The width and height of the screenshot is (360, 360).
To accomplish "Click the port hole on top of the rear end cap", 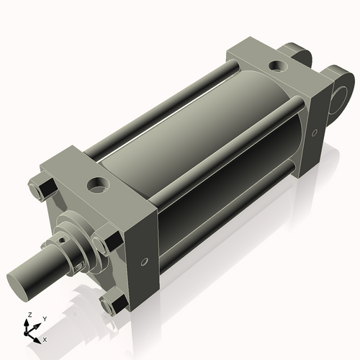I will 276,67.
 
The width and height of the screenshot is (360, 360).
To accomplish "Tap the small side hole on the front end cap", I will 143,261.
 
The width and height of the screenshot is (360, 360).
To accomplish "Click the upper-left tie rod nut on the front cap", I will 42,189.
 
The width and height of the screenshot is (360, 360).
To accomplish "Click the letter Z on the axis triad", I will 28,315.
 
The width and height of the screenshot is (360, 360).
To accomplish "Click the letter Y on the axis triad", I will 45,318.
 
